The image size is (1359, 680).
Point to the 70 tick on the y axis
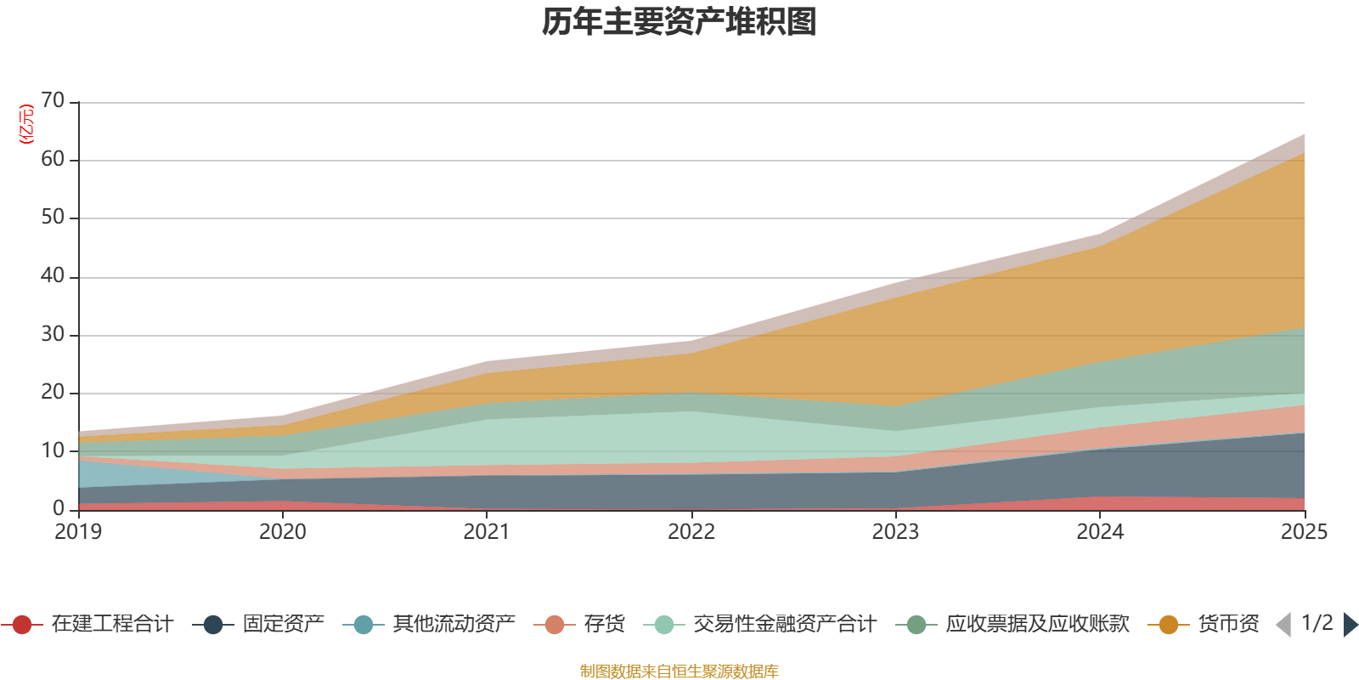point(53,101)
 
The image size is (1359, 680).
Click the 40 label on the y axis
point(53,276)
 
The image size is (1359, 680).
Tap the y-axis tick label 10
point(53,450)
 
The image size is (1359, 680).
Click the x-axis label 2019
point(78,532)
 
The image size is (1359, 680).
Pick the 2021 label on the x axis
point(487,532)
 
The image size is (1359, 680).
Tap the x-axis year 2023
point(895,532)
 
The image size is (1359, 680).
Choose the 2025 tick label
point(1303,532)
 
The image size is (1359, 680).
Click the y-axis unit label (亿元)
point(26,124)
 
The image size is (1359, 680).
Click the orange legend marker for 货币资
point(1168,625)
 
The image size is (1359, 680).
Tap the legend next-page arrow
point(1351,625)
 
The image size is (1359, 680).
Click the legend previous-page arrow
point(1283,625)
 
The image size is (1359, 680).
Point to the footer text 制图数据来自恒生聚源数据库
point(679,671)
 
